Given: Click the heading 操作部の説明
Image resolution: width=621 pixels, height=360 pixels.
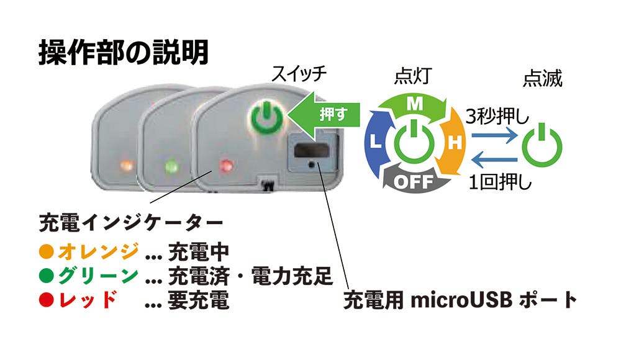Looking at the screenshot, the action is click(x=123, y=52).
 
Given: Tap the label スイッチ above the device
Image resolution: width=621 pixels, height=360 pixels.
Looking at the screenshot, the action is click(x=299, y=74).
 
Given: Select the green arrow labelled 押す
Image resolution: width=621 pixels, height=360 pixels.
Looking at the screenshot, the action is click(x=324, y=114).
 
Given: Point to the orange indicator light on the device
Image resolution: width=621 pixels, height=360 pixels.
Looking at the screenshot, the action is click(x=126, y=164).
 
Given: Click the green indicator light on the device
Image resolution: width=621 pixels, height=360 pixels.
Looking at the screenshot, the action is click(x=172, y=166).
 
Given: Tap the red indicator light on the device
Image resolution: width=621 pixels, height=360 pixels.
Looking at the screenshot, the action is click(x=226, y=164).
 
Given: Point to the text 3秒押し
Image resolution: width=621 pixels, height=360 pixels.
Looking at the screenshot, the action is click(x=497, y=117).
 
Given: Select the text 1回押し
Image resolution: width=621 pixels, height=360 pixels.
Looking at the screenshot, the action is click(x=500, y=182).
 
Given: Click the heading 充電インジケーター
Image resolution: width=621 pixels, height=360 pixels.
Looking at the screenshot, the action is click(x=131, y=223).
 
